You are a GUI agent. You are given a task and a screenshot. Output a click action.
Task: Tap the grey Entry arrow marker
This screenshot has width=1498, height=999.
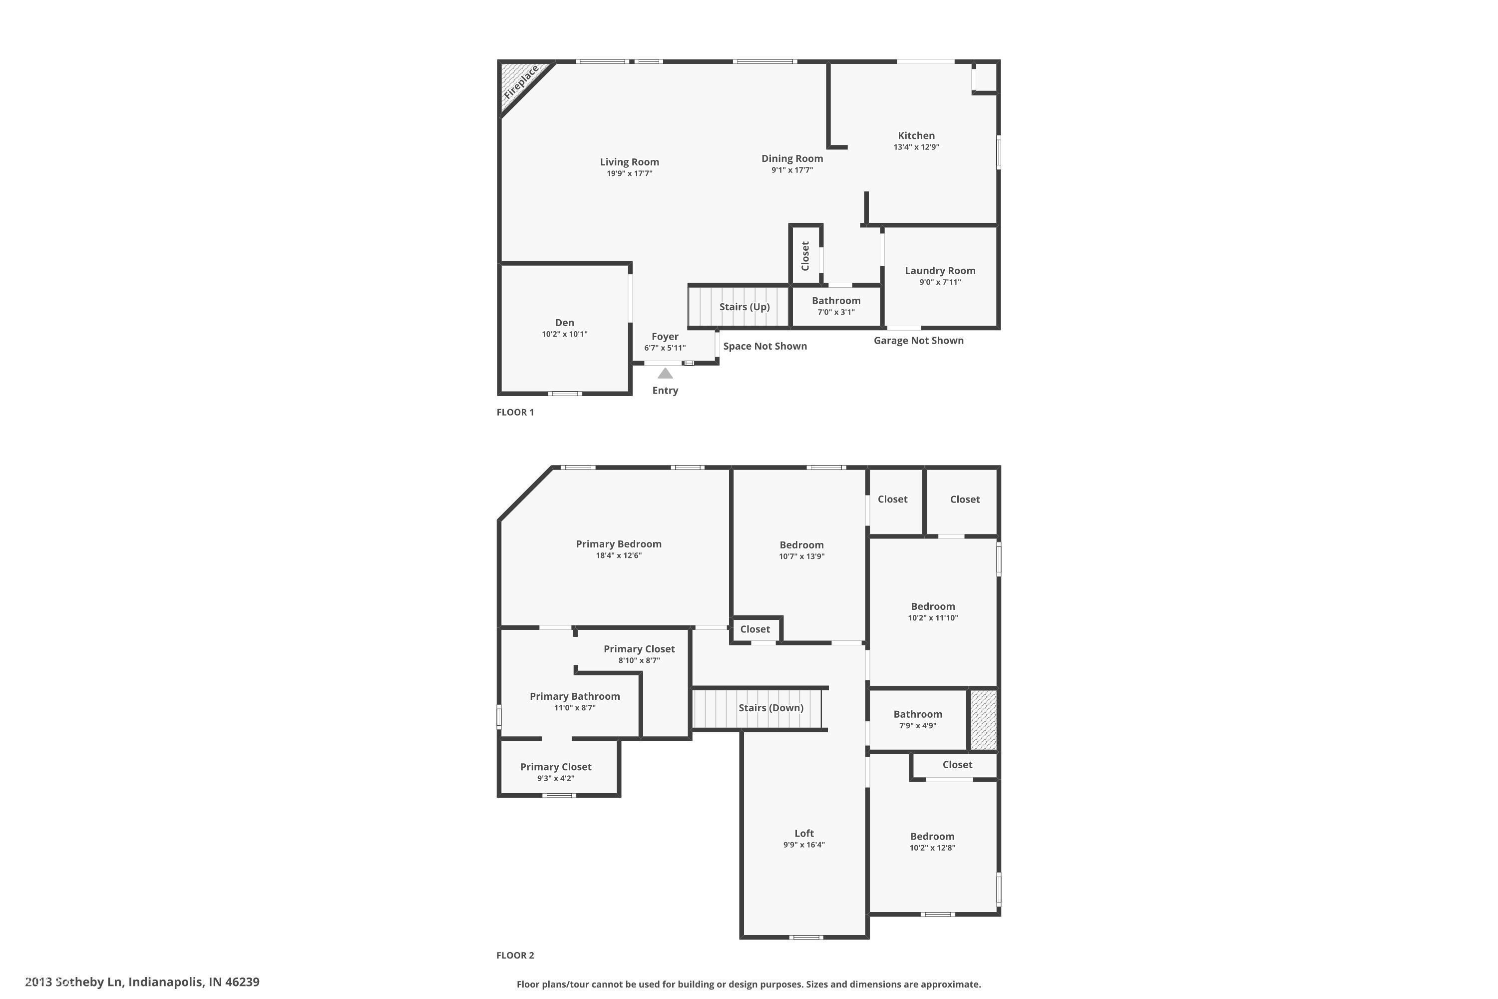(x=665, y=373)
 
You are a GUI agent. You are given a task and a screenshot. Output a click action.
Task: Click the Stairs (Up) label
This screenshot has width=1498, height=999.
(x=745, y=307)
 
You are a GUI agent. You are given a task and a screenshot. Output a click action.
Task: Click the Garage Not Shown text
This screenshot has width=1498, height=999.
(x=918, y=341)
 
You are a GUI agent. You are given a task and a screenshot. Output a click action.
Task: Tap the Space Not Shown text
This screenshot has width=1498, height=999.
(x=765, y=347)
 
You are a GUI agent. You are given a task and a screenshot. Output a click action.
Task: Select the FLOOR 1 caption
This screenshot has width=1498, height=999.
(x=515, y=412)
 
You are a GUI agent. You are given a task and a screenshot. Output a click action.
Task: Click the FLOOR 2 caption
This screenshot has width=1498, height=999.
(x=515, y=955)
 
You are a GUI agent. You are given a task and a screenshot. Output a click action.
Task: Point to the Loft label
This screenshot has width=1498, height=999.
(x=804, y=833)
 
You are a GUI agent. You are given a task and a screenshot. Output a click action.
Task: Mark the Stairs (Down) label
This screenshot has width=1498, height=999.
(x=770, y=708)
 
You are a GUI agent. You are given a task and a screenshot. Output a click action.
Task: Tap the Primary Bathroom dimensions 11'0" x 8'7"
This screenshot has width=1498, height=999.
(x=575, y=708)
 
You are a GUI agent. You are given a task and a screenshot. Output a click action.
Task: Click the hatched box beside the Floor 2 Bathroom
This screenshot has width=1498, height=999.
(x=983, y=720)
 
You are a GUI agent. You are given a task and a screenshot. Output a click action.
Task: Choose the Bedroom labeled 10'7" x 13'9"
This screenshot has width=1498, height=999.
(x=801, y=545)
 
